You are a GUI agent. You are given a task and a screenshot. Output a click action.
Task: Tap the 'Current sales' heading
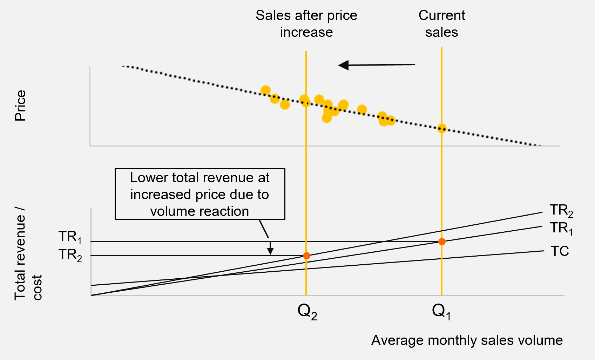click(x=441, y=23)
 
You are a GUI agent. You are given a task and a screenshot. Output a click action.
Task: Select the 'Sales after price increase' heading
click(x=306, y=23)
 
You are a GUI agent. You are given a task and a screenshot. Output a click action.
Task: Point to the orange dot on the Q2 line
click(x=306, y=256)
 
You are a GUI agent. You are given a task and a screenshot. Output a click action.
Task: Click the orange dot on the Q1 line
click(x=442, y=242)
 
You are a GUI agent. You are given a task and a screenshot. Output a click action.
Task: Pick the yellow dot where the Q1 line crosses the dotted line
click(x=442, y=128)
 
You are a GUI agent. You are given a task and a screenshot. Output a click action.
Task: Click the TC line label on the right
click(x=560, y=251)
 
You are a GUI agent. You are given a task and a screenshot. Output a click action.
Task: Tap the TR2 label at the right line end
click(x=561, y=211)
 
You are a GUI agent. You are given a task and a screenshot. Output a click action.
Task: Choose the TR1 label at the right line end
click(x=561, y=229)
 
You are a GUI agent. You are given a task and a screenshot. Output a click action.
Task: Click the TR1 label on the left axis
click(x=70, y=237)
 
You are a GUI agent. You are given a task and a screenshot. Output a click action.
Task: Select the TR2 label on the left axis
click(x=70, y=255)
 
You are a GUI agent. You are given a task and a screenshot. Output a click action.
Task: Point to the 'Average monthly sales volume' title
click(x=467, y=340)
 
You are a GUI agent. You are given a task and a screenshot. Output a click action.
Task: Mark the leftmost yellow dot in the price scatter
click(x=265, y=90)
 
